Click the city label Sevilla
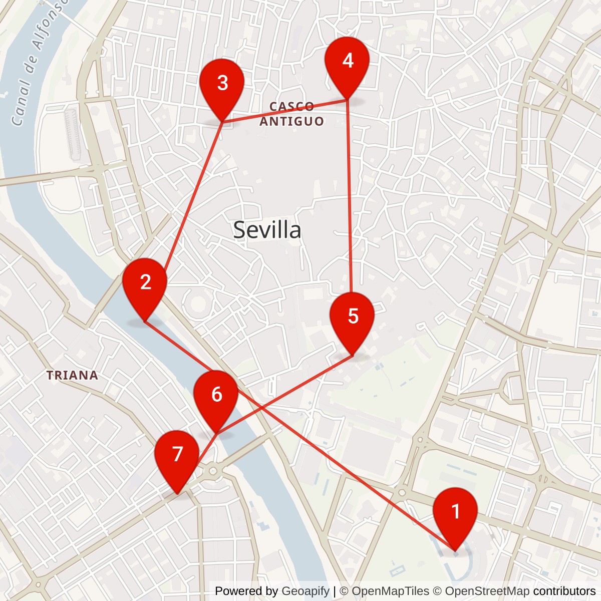[267, 230]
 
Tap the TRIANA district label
[72, 375]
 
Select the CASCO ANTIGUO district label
[291, 114]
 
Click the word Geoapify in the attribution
[306, 591]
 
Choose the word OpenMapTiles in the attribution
[391, 591]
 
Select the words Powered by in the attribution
[246, 591]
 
